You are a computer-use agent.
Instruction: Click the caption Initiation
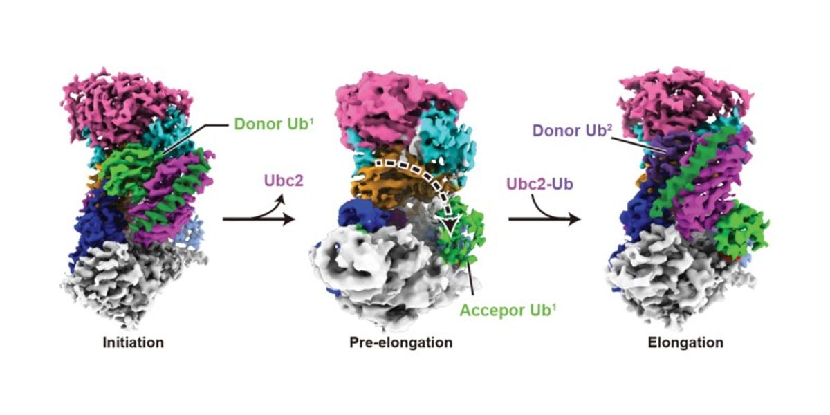pyautogui.click(x=133, y=342)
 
